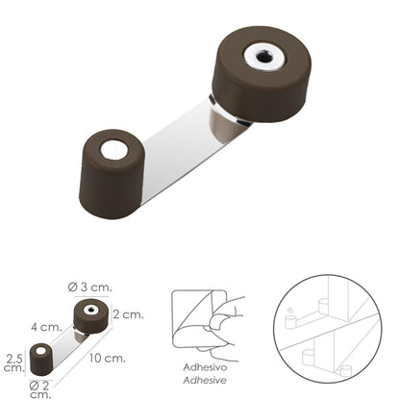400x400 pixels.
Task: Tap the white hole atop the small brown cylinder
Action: point(113,149)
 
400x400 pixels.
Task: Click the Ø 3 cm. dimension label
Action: point(90,286)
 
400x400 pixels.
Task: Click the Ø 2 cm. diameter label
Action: point(39,387)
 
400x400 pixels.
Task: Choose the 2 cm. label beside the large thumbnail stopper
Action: point(130,313)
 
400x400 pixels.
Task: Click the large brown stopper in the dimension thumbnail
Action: point(90,317)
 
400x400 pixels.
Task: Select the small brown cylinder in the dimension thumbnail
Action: point(40,361)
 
